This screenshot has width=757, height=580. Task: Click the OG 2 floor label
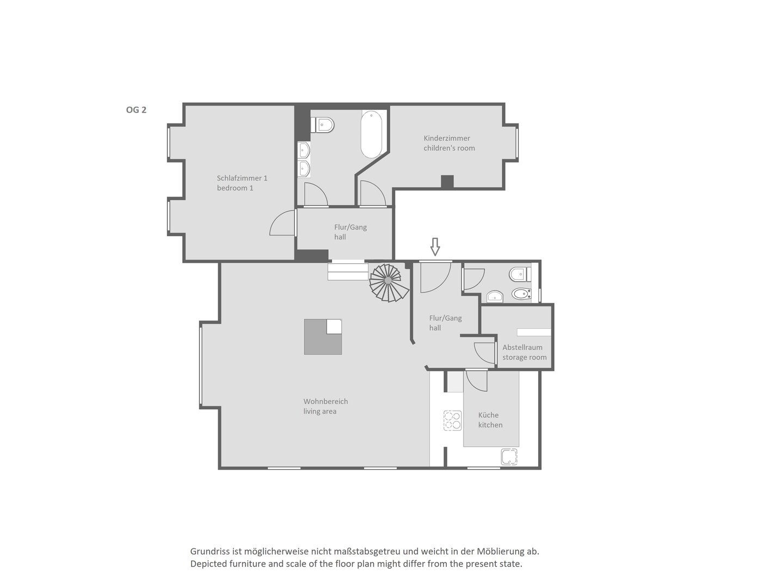136,110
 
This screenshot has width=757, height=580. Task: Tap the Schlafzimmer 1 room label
242,183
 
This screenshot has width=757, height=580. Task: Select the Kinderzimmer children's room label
449,143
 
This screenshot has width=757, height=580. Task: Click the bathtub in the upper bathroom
371,134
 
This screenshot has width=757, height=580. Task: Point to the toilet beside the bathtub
323,124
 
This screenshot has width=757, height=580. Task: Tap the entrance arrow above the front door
435,246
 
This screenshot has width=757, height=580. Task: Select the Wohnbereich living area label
325,406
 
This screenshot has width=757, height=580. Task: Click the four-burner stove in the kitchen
453,421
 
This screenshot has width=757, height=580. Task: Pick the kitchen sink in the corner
509,456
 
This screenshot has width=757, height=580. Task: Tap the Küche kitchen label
490,419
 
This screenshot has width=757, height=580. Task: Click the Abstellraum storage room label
524,352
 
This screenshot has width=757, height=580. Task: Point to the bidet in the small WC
521,294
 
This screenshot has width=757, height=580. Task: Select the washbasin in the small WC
495,297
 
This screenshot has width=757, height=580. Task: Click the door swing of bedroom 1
282,223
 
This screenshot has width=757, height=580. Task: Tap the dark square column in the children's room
447,182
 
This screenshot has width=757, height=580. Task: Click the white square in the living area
334,326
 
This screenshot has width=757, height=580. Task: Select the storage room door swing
484,353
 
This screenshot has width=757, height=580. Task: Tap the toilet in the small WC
520,275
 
